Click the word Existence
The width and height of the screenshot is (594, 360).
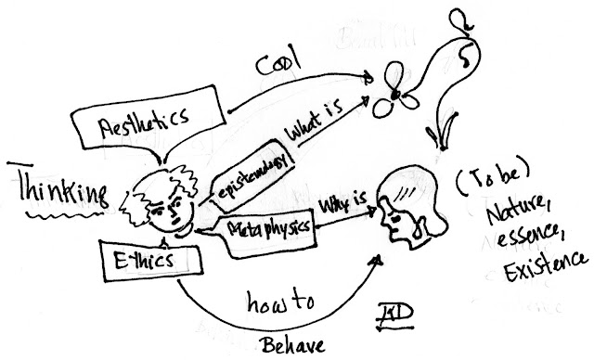click(x=538, y=276)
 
